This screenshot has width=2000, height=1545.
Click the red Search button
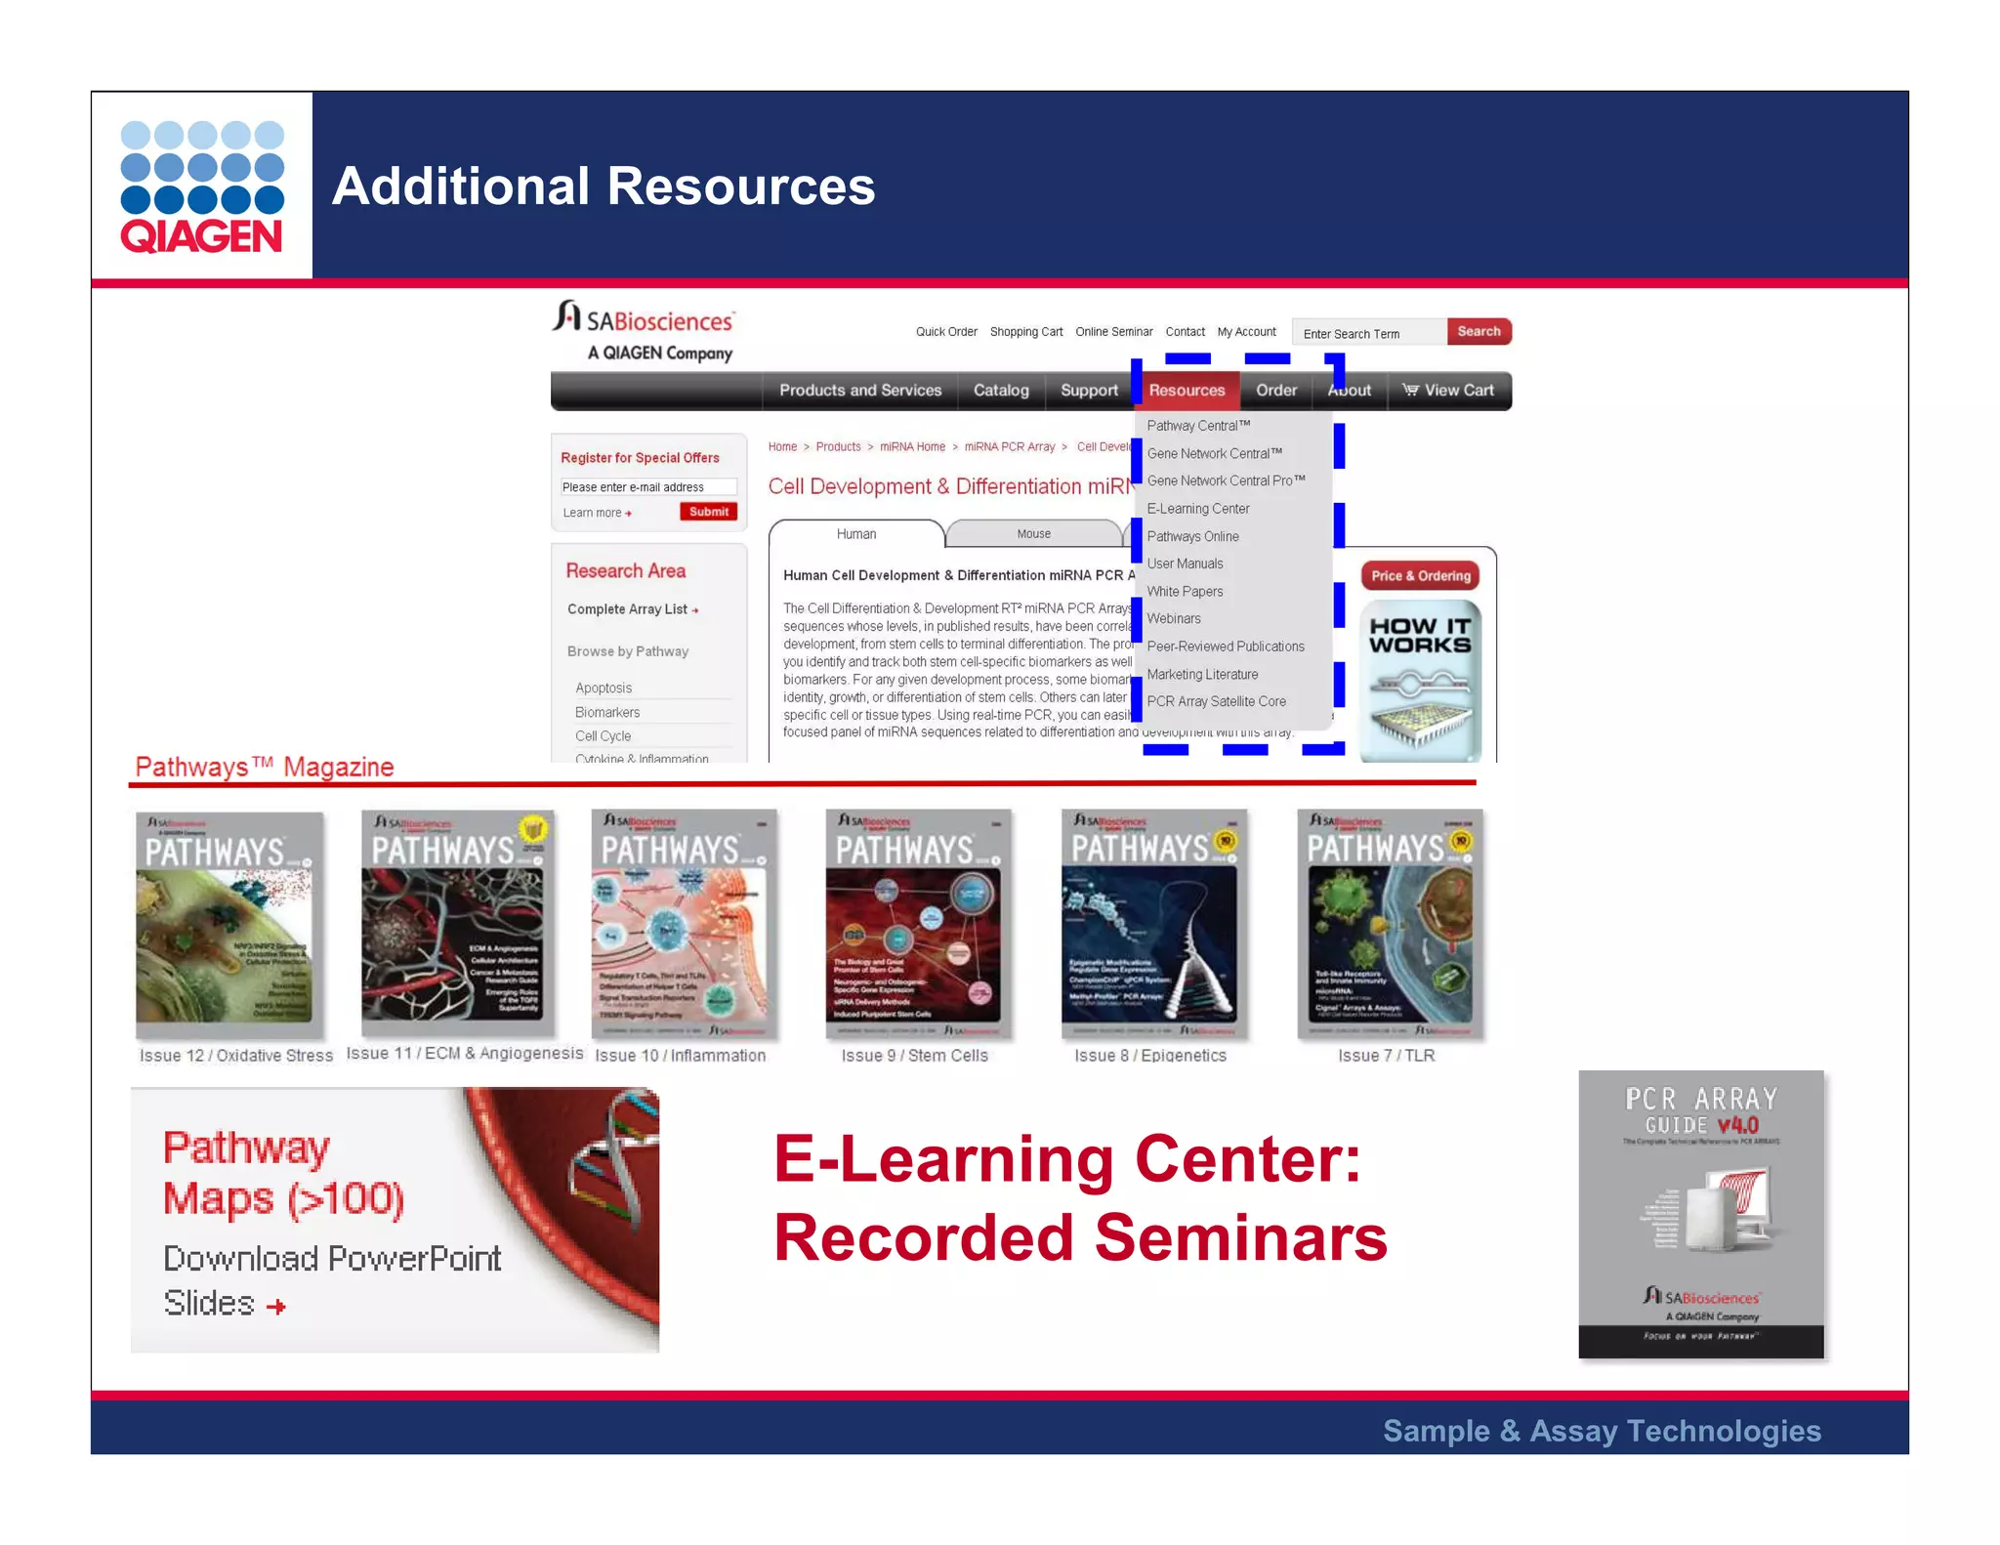(1479, 332)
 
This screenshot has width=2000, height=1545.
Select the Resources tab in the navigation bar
(1187, 391)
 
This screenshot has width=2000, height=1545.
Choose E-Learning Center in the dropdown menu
(1198, 509)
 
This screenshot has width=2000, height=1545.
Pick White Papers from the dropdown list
(1185, 592)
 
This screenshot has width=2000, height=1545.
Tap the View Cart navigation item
(1449, 391)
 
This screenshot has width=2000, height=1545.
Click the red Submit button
(708, 512)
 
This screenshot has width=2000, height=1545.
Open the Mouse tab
(1033, 534)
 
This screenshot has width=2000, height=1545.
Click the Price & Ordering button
(1420, 576)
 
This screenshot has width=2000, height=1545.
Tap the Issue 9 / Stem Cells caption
(914, 1056)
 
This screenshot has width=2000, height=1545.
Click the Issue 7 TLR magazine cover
(1390, 924)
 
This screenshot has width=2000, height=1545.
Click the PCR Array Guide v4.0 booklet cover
(1700, 1214)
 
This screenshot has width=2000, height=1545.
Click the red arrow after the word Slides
(276, 1307)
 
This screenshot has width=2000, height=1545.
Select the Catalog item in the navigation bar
(1001, 391)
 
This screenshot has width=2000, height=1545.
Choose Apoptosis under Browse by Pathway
(604, 689)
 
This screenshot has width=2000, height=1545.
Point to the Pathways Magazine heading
(264, 768)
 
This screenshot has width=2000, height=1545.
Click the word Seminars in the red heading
(1240, 1238)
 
